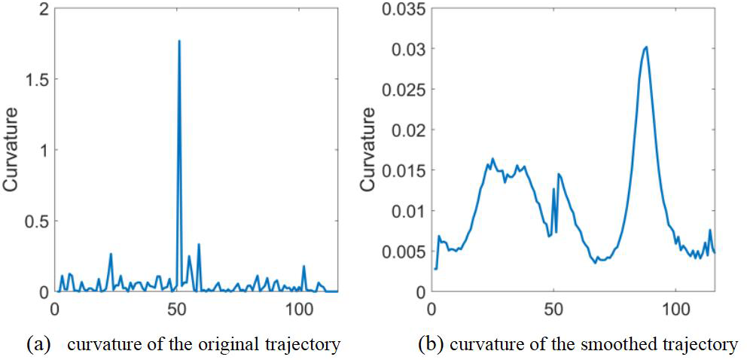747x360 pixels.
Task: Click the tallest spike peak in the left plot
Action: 178,41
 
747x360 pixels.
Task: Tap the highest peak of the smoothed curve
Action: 645,47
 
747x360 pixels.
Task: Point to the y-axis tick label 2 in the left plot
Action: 42,9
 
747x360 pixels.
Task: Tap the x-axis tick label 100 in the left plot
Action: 300,308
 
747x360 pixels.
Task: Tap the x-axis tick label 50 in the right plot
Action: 553,308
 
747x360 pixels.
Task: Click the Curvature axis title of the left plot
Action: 12,151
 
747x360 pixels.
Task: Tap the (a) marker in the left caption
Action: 38,345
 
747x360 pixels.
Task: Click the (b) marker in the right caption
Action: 430,345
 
